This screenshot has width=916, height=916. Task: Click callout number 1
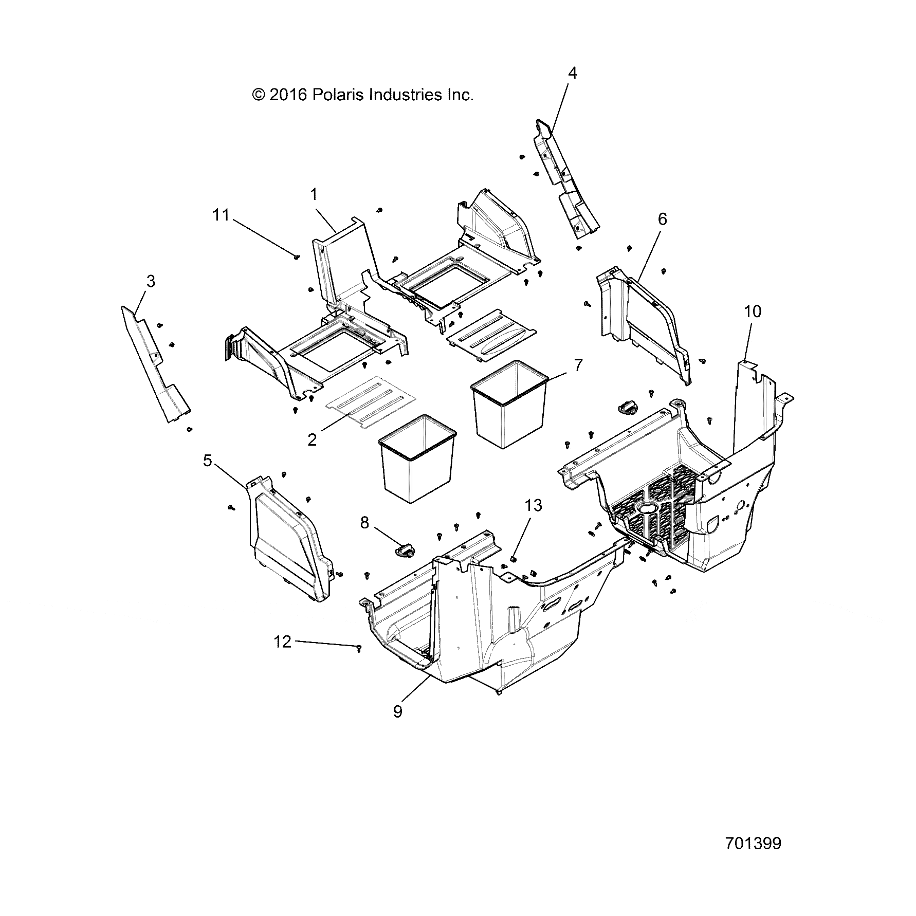314,195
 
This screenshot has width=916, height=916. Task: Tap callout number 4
572,74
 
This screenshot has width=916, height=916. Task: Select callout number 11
221,215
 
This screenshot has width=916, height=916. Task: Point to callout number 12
282,642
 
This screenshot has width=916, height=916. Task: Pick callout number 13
533,506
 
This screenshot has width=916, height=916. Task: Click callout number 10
752,312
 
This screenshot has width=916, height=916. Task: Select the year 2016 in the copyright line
287,95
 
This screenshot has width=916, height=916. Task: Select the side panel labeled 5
288,540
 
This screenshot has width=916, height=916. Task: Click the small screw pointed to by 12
359,648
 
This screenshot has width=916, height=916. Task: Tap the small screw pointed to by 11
297,257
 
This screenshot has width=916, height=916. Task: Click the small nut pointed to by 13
514,559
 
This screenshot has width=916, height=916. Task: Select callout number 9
397,712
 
